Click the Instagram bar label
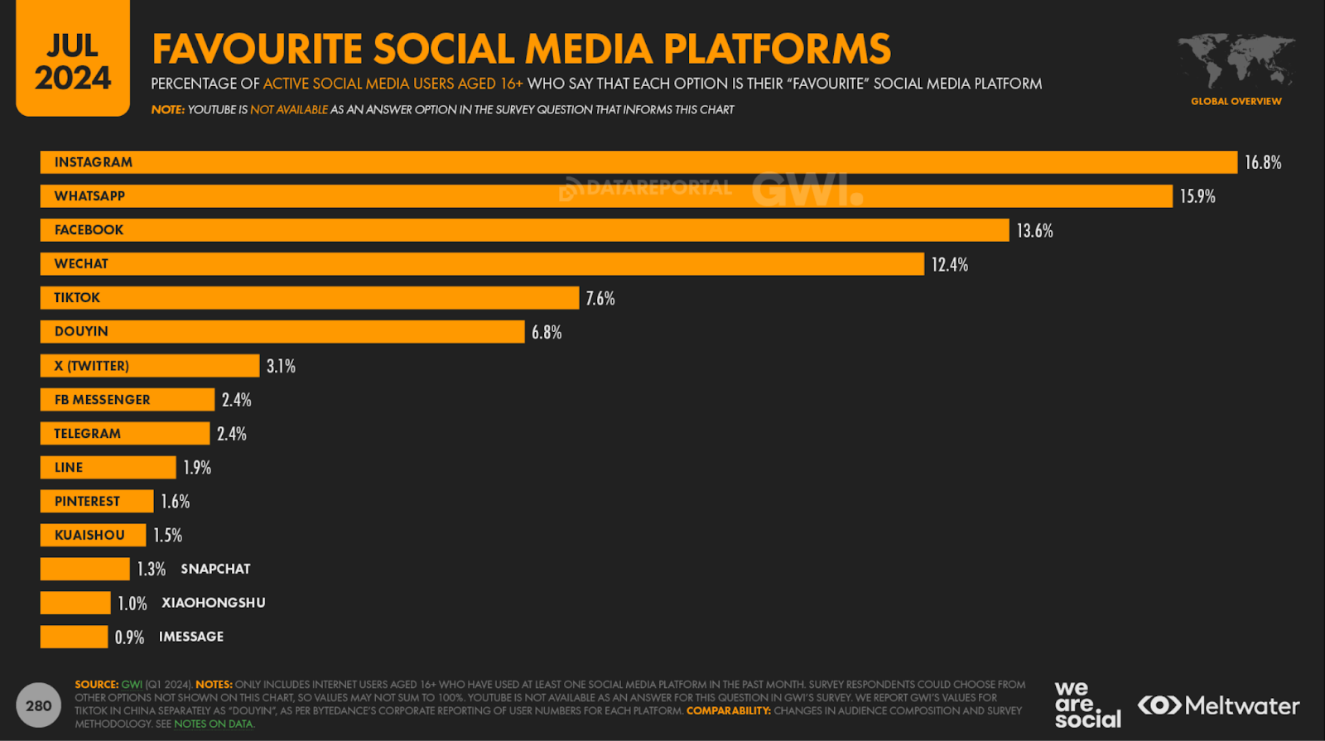(x=94, y=162)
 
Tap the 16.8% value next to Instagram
(x=1262, y=162)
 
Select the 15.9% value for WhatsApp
(x=1197, y=196)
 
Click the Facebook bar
(x=524, y=230)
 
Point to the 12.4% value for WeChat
(x=949, y=265)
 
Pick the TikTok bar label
(x=77, y=298)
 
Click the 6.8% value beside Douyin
(x=547, y=332)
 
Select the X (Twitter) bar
(x=149, y=366)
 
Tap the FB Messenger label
(x=102, y=400)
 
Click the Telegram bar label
(x=87, y=434)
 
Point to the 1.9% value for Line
(x=197, y=468)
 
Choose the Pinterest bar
(x=97, y=502)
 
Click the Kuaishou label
(x=89, y=536)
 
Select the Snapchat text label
(x=215, y=569)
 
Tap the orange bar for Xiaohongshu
(x=75, y=603)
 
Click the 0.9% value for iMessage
(x=129, y=638)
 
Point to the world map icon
(x=1236, y=60)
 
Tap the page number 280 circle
(x=38, y=705)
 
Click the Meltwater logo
(x=1218, y=705)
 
